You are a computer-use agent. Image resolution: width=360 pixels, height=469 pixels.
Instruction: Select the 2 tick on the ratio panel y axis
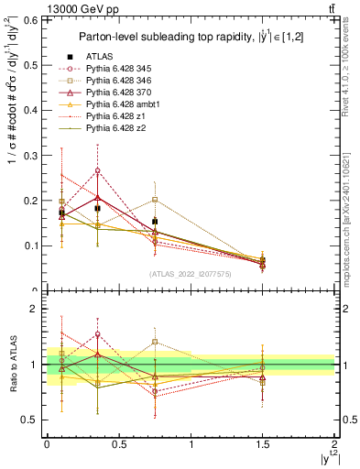point(39,309)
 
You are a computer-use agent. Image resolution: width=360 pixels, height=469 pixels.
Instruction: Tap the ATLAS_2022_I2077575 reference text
point(191,274)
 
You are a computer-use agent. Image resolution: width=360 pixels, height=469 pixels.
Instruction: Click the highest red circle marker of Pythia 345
point(98,170)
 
